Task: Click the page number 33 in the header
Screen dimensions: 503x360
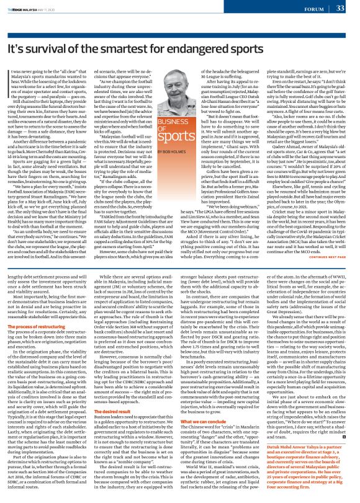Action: point(340,8)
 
